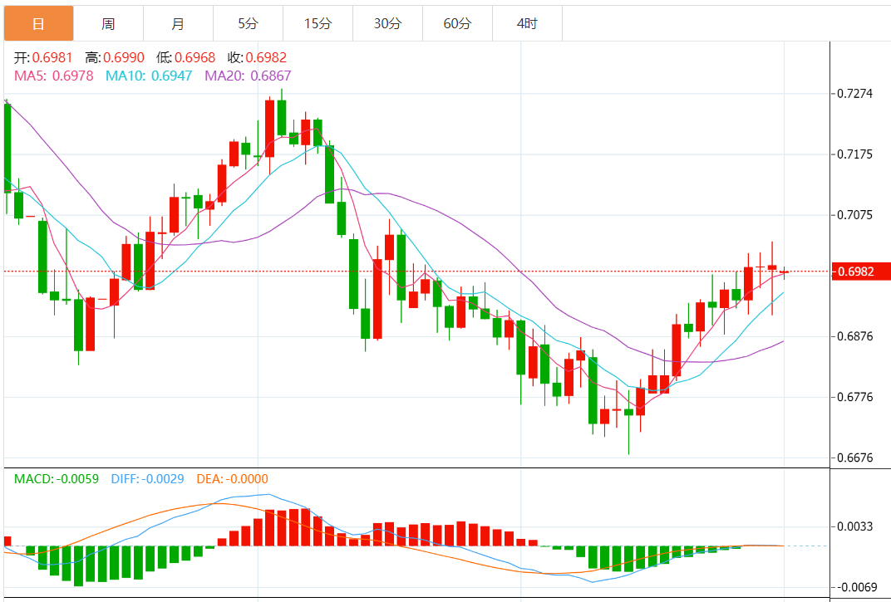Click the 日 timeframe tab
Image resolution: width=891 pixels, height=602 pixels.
[x=38, y=24]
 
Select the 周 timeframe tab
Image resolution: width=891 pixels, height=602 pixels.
[x=108, y=24]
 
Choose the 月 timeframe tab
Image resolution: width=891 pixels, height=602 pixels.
[x=178, y=24]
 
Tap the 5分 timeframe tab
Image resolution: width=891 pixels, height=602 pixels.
[x=248, y=24]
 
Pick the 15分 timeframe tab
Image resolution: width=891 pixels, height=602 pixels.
[x=318, y=24]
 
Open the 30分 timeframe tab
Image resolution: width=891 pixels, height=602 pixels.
[x=387, y=24]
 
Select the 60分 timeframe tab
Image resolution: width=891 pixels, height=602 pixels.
[x=457, y=24]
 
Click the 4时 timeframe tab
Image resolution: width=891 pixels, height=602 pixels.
[x=527, y=24]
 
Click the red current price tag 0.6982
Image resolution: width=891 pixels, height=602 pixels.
[x=861, y=272]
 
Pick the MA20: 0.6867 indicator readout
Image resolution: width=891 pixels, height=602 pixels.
[x=248, y=76]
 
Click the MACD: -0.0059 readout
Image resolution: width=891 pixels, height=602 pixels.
[x=57, y=479]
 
